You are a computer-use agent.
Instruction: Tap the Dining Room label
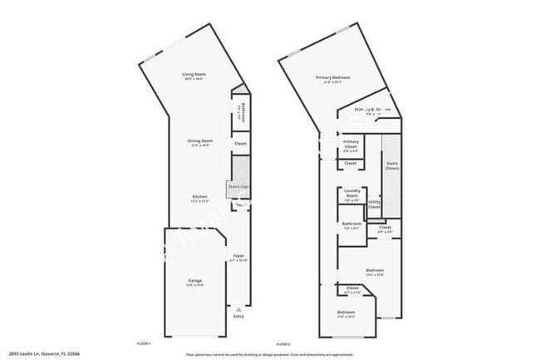tap(201, 142)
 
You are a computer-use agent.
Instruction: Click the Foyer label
tap(238, 257)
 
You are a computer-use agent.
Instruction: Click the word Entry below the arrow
tap(239, 317)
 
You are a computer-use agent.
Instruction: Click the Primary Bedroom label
tap(332, 79)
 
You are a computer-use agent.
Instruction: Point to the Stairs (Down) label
tap(392, 165)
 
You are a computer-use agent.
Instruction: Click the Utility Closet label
tap(375, 203)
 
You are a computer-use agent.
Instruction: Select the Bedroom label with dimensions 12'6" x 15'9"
tap(375, 272)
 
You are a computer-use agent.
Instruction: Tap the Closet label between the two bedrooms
tap(352, 290)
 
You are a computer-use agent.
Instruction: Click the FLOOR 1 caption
tap(144, 343)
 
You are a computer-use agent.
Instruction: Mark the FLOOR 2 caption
tap(283, 343)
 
